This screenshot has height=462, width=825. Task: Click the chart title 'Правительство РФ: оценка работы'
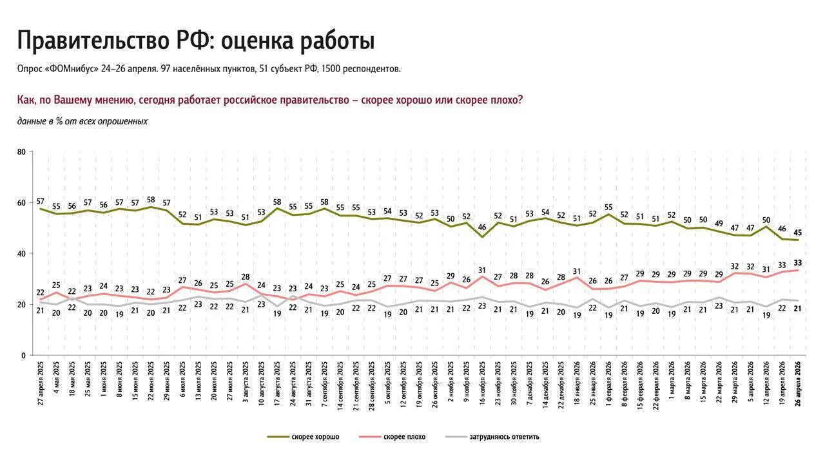[196, 41]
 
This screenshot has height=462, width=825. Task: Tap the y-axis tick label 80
[21, 151]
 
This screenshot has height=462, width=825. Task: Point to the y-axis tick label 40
[21, 254]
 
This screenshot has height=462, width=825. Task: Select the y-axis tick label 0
[24, 356]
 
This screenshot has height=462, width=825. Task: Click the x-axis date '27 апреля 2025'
[41, 383]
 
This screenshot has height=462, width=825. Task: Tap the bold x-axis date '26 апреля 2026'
[798, 383]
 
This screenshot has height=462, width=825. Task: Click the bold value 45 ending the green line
[798, 233]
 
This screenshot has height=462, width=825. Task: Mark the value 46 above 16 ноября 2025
[482, 227]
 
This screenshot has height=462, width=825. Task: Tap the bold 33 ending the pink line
[798, 263]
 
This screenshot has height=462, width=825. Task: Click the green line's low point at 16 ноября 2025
[482, 237]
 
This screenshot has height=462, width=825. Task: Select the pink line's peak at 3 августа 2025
[246, 284]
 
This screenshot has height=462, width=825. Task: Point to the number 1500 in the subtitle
[331, 69]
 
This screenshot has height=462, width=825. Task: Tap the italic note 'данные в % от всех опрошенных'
[82, 122]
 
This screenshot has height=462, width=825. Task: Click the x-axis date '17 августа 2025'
[277, 383]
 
